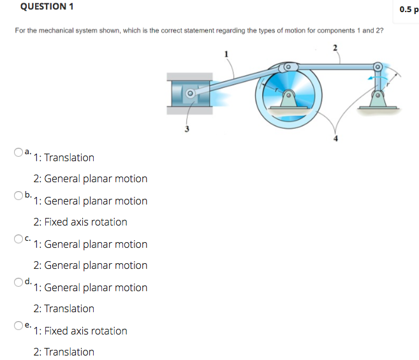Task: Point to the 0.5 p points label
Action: (406, 9)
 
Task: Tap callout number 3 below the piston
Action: (187, 131)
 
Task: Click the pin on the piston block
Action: (189, 94)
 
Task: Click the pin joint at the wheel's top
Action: (288, 66)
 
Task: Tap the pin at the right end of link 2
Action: (378, 66)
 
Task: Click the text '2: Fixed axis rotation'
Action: (80, 222)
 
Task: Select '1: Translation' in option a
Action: (64, 157)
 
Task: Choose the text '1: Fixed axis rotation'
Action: (80, 331)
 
